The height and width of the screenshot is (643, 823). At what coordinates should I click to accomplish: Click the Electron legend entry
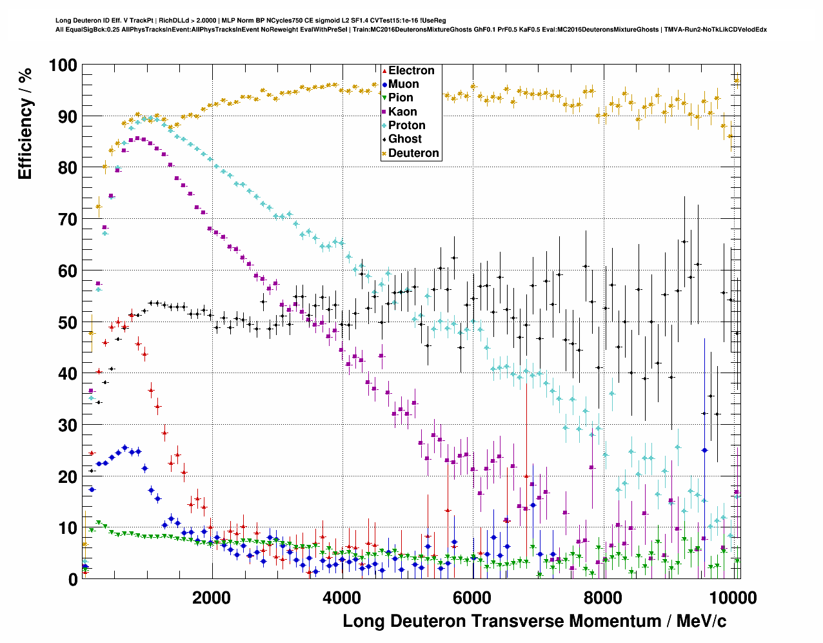coord(411,71)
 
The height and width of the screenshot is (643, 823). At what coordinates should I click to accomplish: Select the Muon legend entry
coord(403,85)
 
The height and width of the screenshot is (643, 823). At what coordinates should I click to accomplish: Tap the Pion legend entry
coord(401,98)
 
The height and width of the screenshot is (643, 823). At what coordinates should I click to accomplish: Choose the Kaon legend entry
coord(402,112)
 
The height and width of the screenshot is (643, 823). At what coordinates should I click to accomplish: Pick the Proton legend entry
coord(406,125)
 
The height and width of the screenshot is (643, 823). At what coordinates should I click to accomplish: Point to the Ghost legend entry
coord(404,139)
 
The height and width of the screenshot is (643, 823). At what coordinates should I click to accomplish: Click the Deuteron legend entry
coord(413,153)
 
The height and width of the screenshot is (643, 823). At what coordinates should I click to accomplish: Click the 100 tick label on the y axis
coord(63,65)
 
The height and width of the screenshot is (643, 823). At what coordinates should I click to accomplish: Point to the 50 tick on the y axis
coord(68,322)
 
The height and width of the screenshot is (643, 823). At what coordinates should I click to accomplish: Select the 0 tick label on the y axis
coord(73,580)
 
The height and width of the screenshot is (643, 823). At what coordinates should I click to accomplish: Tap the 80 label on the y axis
coord(68,168)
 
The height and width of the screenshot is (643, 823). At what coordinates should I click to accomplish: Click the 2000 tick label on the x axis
coord(211,597)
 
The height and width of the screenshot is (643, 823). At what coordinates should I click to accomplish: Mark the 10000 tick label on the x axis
coord(728,597)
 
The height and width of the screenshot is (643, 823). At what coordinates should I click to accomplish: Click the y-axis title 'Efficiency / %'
coord(25,123)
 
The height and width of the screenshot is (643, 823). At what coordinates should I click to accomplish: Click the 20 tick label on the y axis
coord(68,476)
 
